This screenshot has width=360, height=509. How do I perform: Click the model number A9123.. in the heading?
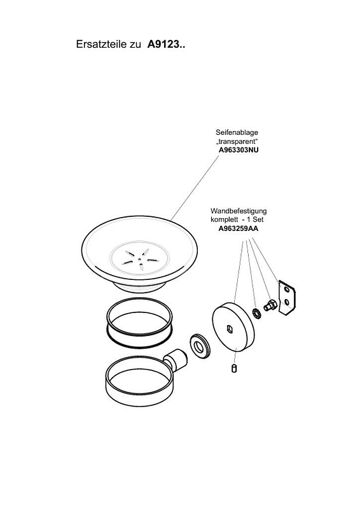coord(166,44)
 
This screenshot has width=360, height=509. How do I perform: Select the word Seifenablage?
coord(237,132)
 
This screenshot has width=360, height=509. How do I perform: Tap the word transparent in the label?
coord(237,141)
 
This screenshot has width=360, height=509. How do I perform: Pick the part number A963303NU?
coord(239,150)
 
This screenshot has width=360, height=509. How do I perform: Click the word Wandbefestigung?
coord(239,211)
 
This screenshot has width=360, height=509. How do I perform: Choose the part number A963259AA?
coord(239,228)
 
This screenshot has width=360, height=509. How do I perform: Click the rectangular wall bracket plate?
coord(286,298)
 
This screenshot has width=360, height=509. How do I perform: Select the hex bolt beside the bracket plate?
coord(270,306)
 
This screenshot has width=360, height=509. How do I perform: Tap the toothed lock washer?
coord(256,313)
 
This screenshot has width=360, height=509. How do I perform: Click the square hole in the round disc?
coord(230,330)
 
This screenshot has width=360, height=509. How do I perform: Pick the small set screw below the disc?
coord(233,369)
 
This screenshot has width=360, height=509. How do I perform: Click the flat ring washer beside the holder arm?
coord(199,347)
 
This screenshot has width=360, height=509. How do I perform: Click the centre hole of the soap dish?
coord(139,259)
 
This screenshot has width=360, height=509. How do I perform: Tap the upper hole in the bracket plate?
coord(286,289)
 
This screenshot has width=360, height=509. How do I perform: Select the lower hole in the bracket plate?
coord(287,303)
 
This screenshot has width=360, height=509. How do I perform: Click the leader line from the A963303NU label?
coord(195,188)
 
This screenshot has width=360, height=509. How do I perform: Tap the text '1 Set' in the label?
coord(255,220)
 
